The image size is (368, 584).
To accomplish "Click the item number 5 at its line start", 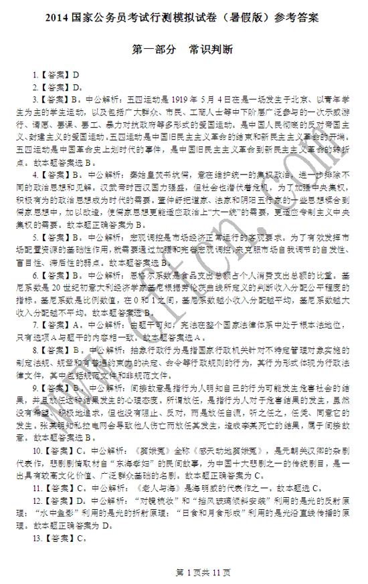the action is click(36, 237).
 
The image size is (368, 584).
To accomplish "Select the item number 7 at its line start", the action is click(36, 325).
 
